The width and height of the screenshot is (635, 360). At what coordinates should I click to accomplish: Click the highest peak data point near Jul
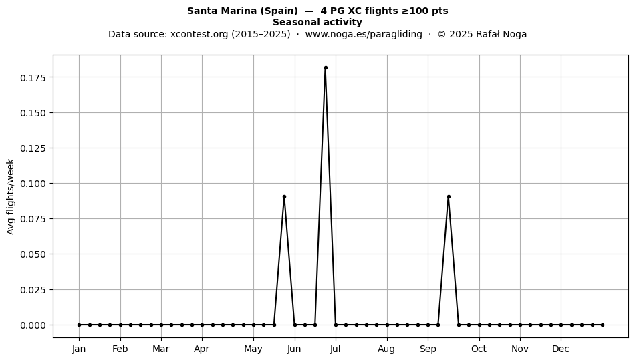coord(326,68)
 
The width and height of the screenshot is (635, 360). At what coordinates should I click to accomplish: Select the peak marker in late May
coord(284,197)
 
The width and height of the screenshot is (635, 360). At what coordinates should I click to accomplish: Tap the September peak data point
coord(449,197)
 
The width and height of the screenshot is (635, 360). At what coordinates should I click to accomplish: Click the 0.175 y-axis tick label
coord(33,77)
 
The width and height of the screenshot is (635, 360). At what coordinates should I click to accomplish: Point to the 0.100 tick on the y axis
coord(33,183)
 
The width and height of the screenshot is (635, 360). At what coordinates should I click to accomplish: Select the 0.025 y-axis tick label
coord(33,290)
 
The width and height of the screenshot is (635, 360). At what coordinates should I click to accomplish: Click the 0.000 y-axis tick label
coord(33,325)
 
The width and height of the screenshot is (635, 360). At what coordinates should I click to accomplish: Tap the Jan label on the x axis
coord(79,349)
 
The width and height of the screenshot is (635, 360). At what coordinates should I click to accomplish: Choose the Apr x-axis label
coord(202,349)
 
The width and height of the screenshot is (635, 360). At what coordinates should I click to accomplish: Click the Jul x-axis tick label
coord(336,349)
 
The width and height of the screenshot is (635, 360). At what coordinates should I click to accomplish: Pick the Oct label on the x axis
coord(479,349)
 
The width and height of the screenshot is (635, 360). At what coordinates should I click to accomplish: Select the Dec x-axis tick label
coord(561,349)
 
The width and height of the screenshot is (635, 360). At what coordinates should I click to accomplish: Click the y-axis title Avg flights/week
coord(11,196)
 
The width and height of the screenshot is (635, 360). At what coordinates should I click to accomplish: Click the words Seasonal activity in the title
coord(317,22)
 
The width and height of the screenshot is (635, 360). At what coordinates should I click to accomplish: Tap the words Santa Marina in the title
coord(222,11)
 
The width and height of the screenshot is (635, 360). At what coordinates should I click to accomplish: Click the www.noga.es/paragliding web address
coord(364,34)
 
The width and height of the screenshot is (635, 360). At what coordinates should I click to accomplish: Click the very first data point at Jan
coord(80,325)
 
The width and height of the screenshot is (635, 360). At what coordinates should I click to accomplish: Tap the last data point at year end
coord(603,325)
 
